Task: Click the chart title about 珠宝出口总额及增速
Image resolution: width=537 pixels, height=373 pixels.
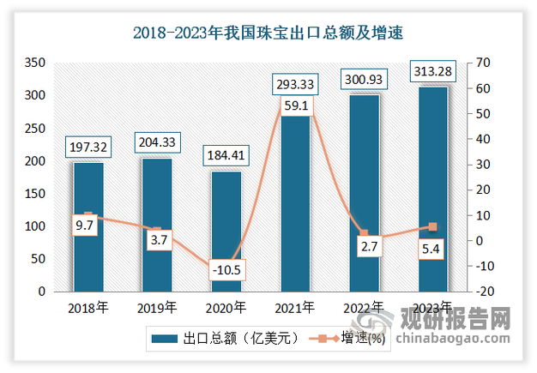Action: [x=268, y=34]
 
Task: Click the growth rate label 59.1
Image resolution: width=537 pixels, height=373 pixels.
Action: [x=295, y=108]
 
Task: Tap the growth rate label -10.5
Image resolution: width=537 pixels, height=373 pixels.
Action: [x=226, y=270]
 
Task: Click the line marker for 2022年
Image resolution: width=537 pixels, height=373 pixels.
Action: [x=364, y=233]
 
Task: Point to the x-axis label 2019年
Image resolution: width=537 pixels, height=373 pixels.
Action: [x=157, y=307]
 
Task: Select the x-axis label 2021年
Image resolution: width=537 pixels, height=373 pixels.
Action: [x=295, y=307]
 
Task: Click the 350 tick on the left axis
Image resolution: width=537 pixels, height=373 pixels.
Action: [x=34, y=63]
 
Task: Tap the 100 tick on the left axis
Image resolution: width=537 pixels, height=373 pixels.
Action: [x=34, y=226]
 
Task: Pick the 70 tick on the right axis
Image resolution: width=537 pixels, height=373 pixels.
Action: [x=485, y=63]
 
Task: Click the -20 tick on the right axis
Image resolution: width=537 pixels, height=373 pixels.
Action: [x=486, y=292]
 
